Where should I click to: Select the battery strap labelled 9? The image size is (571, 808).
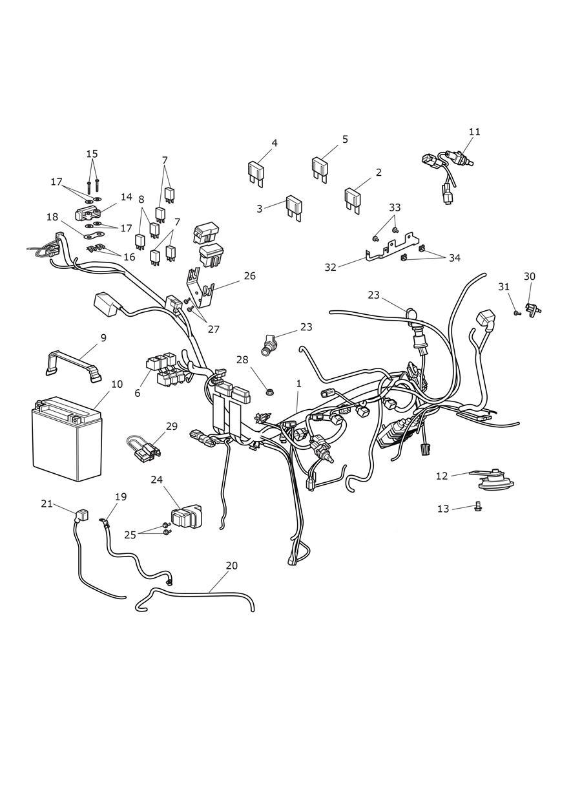click(x=73, y=363)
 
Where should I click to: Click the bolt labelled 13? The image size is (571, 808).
click(x=478, y=508)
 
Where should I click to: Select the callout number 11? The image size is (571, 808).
click(x=475, y=132)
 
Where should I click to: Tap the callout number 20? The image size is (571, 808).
click(x=231, y=566)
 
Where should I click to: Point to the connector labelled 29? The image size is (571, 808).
click(x=145, y=447)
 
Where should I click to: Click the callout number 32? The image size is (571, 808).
click(x=331, y=267)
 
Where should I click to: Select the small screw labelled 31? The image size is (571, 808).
click(x=516, y=313)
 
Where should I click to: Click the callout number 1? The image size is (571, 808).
click(x=298, y=383)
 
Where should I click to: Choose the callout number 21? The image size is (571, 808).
click(x=47, y=504)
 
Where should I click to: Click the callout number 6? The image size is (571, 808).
click(x=137, y=392)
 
